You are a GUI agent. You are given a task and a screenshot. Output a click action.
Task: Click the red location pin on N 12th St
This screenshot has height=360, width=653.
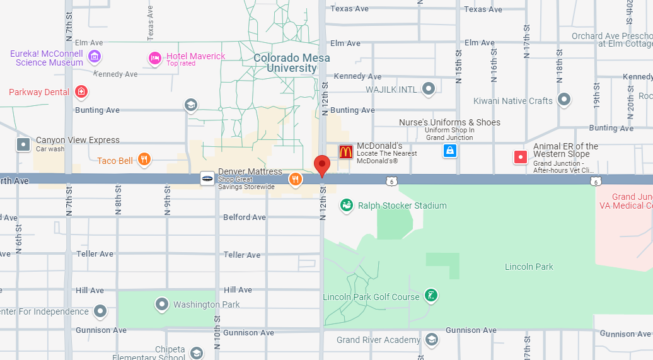point(322,166)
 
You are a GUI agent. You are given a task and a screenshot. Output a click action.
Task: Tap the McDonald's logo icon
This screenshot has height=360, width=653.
point(346,151)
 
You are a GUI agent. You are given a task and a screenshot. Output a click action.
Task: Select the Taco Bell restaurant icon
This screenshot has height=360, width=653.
point(144,160)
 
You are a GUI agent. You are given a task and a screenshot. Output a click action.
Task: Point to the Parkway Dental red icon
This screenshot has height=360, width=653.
point(81,92)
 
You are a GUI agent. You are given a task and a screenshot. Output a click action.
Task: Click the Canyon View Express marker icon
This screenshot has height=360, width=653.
point(23,144)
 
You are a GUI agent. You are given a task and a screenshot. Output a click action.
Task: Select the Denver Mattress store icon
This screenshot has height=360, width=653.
point(207,178)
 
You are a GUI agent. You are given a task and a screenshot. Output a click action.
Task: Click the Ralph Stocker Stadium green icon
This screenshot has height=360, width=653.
point(346,205)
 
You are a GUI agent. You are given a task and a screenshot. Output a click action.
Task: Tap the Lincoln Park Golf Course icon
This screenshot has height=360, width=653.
point(431,296)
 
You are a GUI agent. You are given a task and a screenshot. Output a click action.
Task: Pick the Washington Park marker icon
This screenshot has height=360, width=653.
point(162,305)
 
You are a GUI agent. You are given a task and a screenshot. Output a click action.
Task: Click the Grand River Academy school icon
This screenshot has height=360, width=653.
point(432,340)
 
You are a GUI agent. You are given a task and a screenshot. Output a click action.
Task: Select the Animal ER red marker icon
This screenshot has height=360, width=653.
point(521,157)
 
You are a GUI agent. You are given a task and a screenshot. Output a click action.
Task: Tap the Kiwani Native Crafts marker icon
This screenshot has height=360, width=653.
point(564,100)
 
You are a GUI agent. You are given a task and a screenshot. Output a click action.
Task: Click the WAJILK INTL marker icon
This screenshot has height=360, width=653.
point(429,89)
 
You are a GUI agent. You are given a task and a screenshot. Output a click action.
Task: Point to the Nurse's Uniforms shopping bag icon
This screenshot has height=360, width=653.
point(449,150)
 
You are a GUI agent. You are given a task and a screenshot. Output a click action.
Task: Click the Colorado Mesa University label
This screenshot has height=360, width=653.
point(291,63)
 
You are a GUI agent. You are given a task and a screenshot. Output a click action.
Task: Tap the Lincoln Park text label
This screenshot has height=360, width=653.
point(529,267)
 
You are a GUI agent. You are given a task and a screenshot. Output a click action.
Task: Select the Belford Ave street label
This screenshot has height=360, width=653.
point(245,218)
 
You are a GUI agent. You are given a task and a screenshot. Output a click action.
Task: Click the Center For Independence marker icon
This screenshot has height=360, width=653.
point(100,311)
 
